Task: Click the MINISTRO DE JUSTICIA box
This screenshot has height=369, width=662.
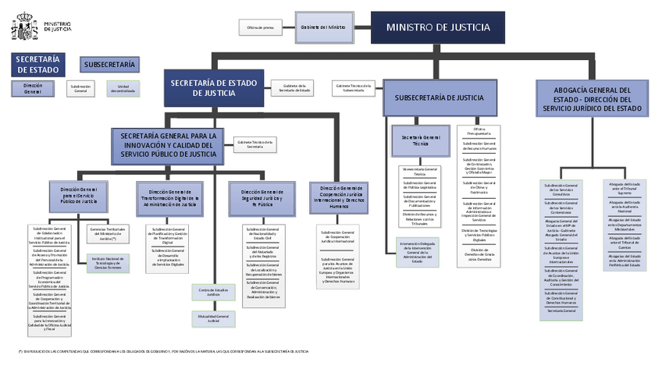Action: [438, 27]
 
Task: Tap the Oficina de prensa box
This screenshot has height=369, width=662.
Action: [260, 27]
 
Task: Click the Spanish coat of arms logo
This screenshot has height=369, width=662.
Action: [23, 26]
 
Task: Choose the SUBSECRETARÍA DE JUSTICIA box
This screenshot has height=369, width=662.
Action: [439, 98]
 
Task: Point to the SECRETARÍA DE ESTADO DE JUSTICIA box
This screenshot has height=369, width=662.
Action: [214, 88]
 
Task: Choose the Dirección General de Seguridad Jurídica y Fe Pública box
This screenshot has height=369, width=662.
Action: [262, 196]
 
